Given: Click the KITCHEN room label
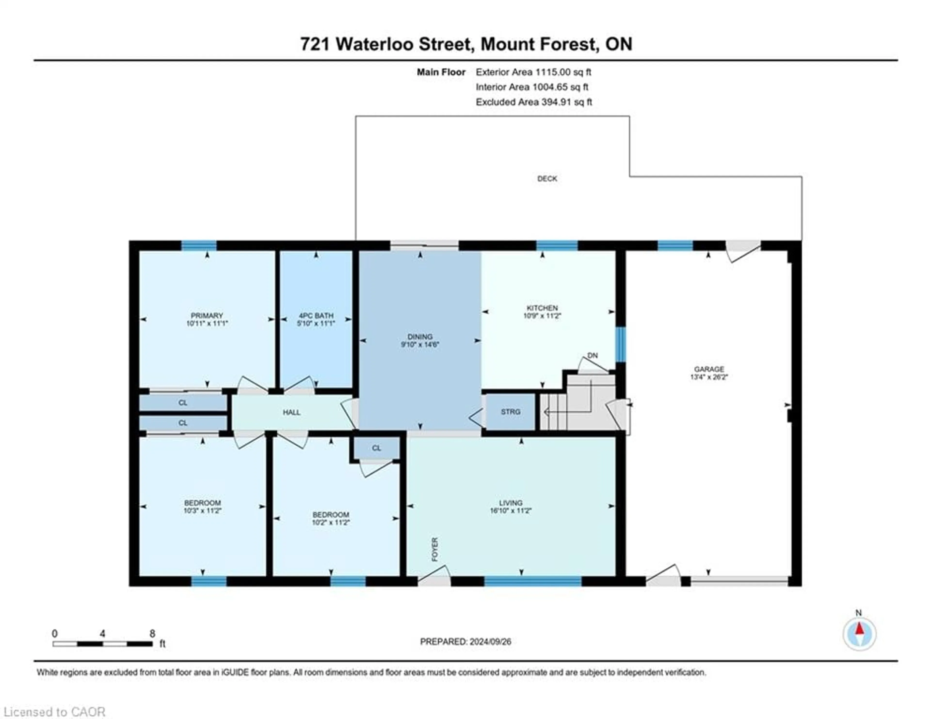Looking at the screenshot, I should click(x=542, y=308).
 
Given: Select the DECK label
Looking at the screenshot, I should click(x=547, y=179).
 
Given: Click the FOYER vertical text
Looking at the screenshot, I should click(x=435, y=549).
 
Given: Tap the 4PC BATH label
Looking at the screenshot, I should click(x=316, y=316).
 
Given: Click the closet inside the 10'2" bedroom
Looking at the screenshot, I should click(x=376, y=448).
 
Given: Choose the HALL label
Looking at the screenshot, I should click(x=292, y=412).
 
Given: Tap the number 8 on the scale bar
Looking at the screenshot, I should click(x=152, y=633).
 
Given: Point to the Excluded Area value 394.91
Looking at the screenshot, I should click(x=567, y=102).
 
